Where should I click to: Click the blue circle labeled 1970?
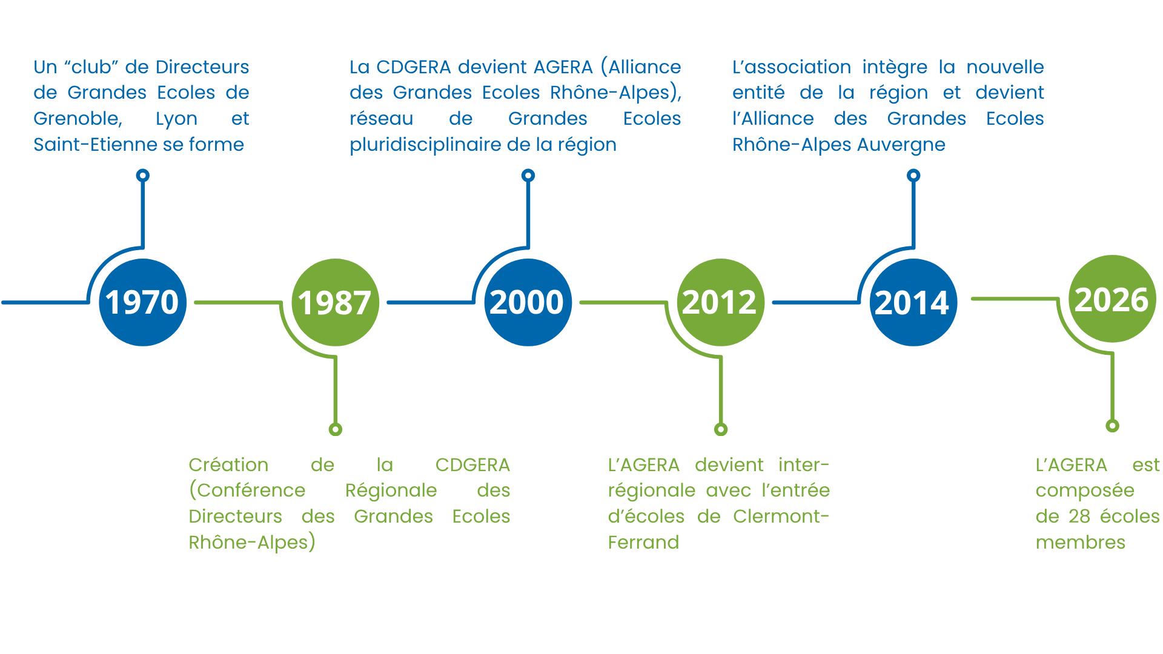(143, 302)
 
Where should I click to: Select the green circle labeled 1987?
(336, 302)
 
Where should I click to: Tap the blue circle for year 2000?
(528, 302)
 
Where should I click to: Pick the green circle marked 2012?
(721, 302)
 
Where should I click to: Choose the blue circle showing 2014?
(913, 302)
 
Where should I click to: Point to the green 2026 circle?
(1112, 299)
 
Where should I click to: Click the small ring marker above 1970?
(143, 176)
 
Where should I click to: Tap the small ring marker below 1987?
(336, 429)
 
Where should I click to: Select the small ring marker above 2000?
(528, 176)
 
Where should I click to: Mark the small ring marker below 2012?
(721, 429)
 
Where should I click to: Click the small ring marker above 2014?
(913, 176)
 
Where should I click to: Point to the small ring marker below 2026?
(1112, 426)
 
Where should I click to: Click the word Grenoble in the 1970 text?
(78, 119)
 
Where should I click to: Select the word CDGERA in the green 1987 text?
(472, 465)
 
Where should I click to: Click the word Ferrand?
(643, 543)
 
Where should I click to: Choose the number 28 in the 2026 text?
(1079, 517)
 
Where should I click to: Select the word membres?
(1081, 543)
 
